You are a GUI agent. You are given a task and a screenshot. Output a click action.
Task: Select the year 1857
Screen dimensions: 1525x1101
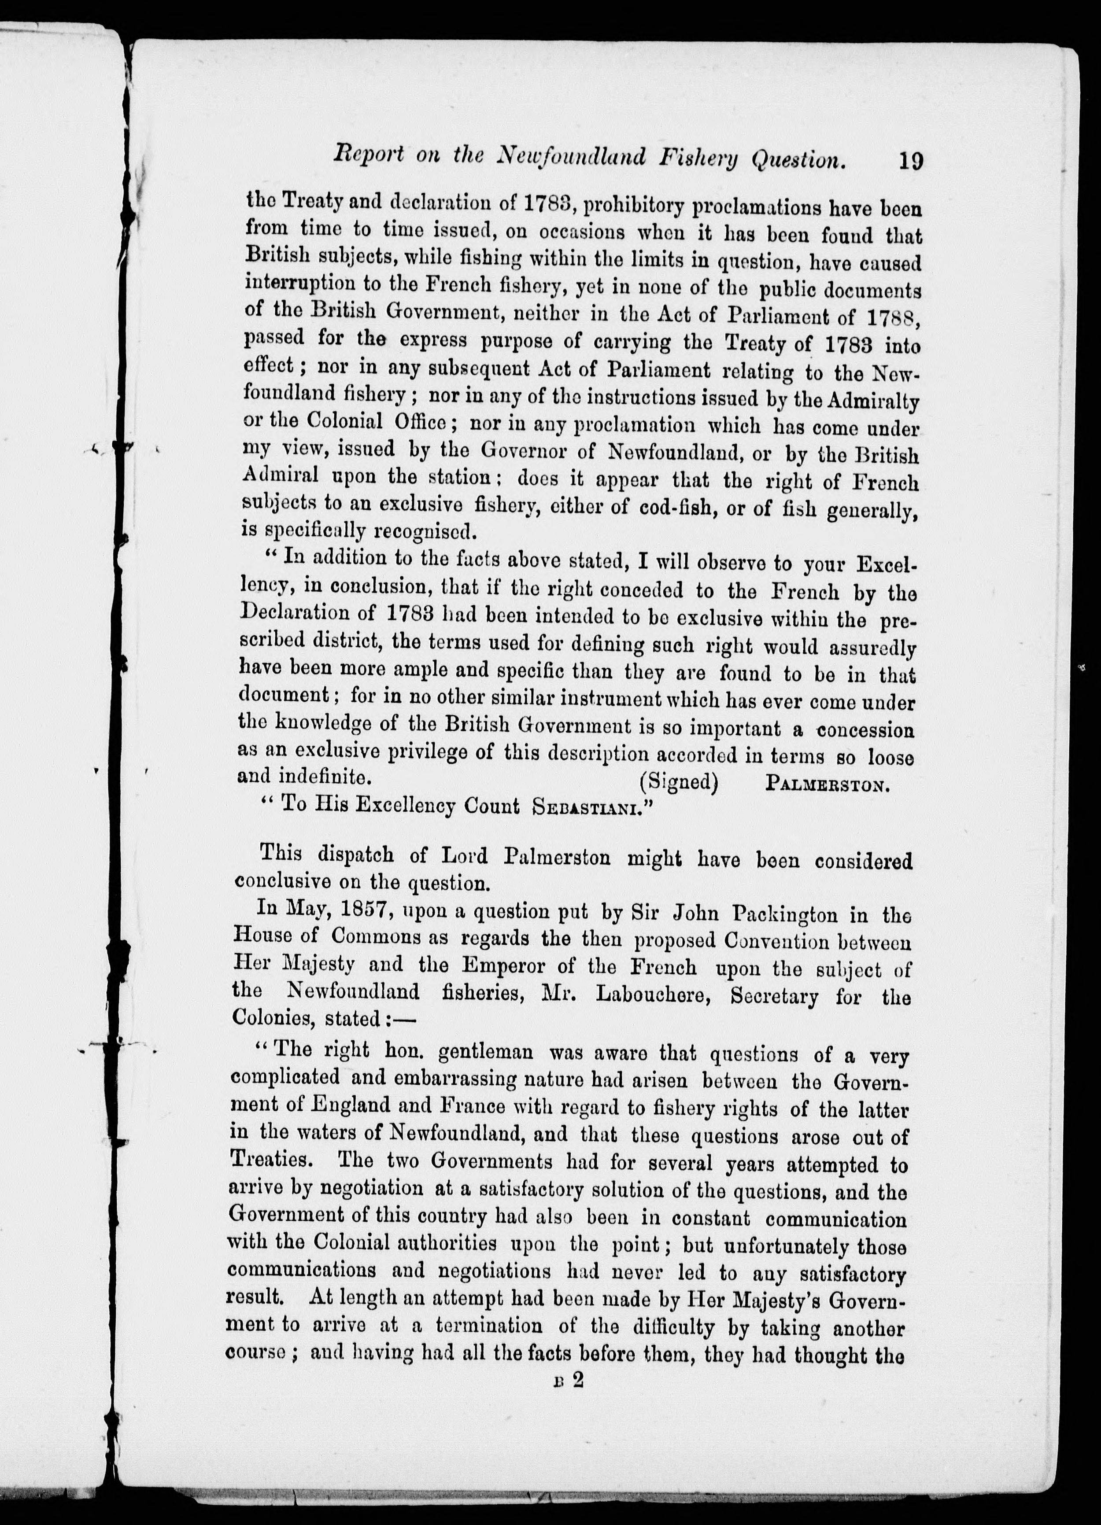click(x=366, y=913)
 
